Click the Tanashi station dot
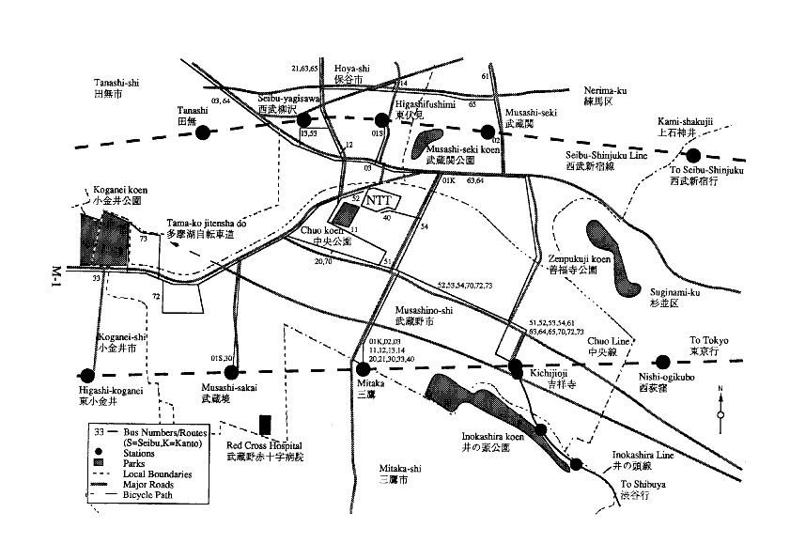point(202,132)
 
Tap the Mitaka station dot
point(364,368)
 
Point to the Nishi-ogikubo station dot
point(663,361)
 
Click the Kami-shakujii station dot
point(693,156)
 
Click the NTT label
point(379,200)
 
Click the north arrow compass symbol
point(720,404)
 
